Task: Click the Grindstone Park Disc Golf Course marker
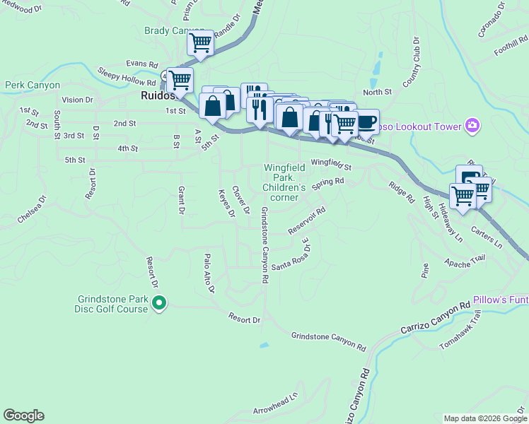click(x=159, y=304)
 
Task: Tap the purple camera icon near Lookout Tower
click(x=472, y=126)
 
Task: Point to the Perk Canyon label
click(x=32, y=85)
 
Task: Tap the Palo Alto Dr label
click(x=209, y=273)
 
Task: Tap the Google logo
click(x=23, y=416)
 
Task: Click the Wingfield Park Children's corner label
click(x=284, y=183)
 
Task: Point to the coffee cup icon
click(x=366, y=122)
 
